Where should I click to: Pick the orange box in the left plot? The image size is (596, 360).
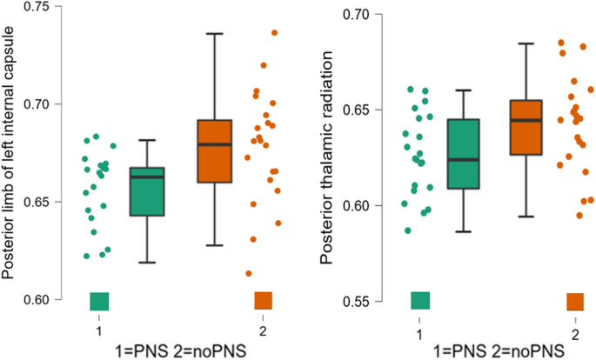[x=214, y=150]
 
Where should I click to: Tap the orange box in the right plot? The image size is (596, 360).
[x=526, y=127]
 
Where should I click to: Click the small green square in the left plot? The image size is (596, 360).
[x=99, y=301]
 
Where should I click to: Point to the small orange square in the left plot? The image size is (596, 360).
[x=263, y=301]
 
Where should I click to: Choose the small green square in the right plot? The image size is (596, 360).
[x=420, y=301]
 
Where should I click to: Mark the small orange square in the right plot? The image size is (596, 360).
[x=575, y=302]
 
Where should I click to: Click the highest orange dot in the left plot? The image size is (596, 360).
[x=274, y=33]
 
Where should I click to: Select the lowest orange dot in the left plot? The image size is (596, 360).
[x=248, y=273]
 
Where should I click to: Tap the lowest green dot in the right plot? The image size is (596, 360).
[x=407, y=230]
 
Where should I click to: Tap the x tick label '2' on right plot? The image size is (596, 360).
[x=575, y=334]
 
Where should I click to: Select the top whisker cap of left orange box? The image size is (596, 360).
[x=214, y=33]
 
